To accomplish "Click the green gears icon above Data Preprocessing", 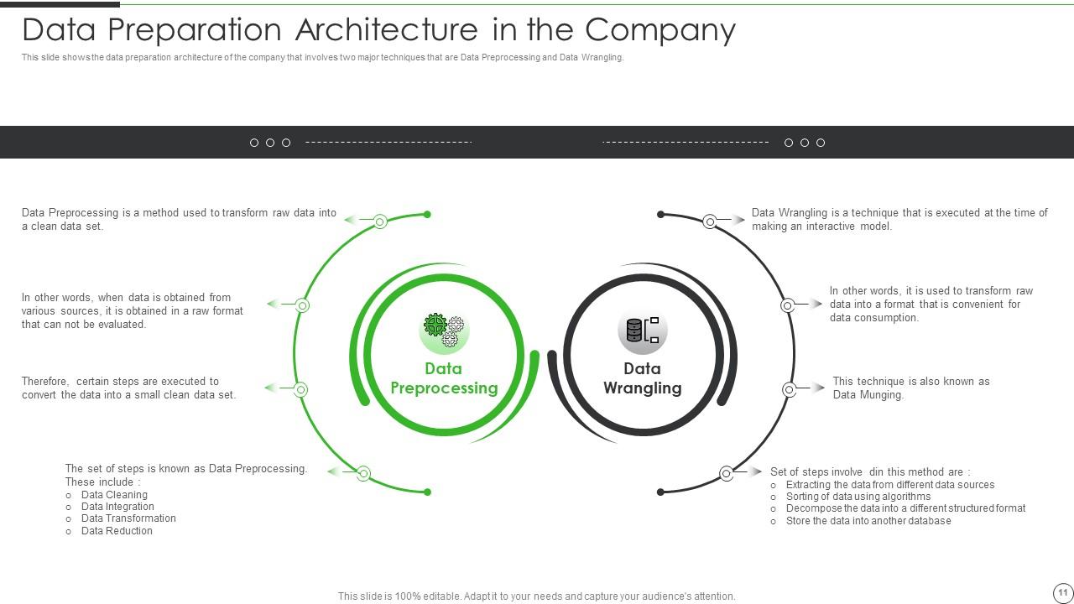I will click(x=444, y=331).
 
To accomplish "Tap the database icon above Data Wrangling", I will click(x=643, y=331).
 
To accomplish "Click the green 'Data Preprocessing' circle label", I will click(x=444, y=378).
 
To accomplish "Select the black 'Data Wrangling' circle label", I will click(x=643, y=378).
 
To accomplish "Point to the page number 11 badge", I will click(x=1062, y=592).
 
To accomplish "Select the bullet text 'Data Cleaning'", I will click(x=114, y=495).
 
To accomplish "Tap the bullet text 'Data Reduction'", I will click(x=117, y=531).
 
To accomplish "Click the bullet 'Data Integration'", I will click(x=117, y=507).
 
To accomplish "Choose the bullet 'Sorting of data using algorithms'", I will click(x=858, y=497).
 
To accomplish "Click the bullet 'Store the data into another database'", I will click(x=868, y=521).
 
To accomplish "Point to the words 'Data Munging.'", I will click(x=868, y=395).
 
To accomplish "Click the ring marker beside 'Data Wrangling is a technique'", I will click(x=710, y=221).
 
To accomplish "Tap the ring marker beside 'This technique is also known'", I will click(x=790, y=389).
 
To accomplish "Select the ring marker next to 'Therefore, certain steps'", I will click(x=300, y=389).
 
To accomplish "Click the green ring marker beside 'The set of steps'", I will click(x=363, y=474).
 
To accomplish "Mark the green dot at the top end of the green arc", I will click(x=427, y=215).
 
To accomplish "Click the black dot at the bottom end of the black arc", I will click(x=660, y=492).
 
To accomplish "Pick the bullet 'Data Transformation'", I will click(x=128, y=518).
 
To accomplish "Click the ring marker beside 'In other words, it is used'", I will click(x=788, y=306).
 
